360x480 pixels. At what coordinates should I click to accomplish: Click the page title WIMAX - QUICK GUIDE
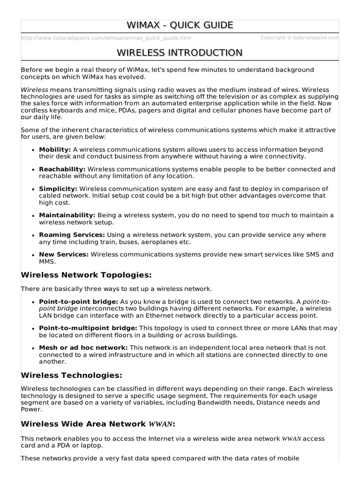[180, 25]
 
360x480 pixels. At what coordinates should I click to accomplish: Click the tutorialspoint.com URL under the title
[106, 38]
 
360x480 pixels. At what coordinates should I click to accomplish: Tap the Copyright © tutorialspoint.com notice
[300, 37]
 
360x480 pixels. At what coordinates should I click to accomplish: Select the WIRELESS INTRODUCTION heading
[180, 52]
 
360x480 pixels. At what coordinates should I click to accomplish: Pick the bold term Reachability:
[62, 169]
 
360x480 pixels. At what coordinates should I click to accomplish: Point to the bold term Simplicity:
[58, 188]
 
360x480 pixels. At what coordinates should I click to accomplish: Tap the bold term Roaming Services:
[72, 234]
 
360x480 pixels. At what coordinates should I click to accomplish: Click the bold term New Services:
[64, 254]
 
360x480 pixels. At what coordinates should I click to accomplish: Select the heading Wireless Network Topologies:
[87, 274]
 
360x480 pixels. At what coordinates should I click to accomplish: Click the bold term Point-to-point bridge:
[78, 301]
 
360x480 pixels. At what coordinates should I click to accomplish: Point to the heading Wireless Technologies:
[72, 375]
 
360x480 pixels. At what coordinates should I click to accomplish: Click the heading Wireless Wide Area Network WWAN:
[98, 424]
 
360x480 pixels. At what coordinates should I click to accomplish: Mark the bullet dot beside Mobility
[33, 150]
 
